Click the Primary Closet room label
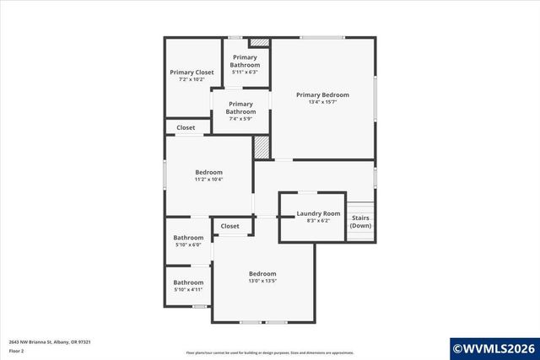click(x=192, y=73)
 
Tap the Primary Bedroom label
click(x=322, y=95)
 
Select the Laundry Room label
click(x=318, y=213)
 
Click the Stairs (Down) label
click(x=360, y=222)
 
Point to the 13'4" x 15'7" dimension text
click(x=322, y=103)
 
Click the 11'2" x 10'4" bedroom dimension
click(x=208, y=180)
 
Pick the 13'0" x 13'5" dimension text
click(x=262, y=281)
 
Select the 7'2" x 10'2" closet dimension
click(x=192, y=80)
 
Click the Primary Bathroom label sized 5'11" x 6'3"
click(x=246, y=61)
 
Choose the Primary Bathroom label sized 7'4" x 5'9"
click(x=240, y=108)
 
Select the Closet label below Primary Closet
click(x=186, y=128)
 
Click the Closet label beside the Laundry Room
click(x=229, y=226)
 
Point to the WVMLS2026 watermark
click(x=494, y=347)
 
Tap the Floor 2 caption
click(x=16, y=350)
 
